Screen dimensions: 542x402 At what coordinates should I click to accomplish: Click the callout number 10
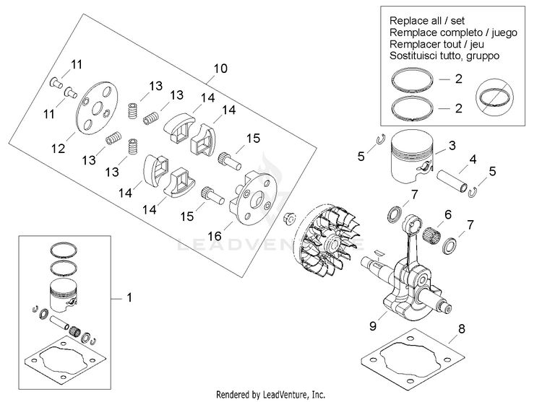pos(220,69)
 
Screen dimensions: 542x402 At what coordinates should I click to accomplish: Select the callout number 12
pos(58,149)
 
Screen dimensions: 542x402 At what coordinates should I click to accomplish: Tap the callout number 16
pos(215,236)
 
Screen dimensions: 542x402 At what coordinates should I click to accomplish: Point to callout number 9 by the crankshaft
pos(373,325)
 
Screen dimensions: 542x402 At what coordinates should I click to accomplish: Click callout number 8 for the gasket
pos(462,328)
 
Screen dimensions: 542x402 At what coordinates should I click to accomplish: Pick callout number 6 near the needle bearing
pos(448,214)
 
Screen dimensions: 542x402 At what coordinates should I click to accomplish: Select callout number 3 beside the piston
pos(452,145)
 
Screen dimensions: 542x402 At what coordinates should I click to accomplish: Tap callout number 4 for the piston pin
pos(473,159)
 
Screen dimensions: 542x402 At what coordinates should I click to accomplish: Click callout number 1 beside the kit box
pos(129,297)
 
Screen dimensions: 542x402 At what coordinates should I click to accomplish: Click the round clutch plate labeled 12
pos(96,108)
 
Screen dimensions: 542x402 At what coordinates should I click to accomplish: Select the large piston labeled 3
pos(412,157)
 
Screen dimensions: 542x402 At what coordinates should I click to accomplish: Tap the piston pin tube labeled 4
pos(453,181)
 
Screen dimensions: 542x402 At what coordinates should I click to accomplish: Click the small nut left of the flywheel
pos(288,218)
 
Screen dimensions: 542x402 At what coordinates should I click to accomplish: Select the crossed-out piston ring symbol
pos(494,97)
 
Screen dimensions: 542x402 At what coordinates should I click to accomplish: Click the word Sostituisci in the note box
pos(410,56)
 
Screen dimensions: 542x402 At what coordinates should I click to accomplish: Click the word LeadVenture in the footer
pos(285,394)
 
